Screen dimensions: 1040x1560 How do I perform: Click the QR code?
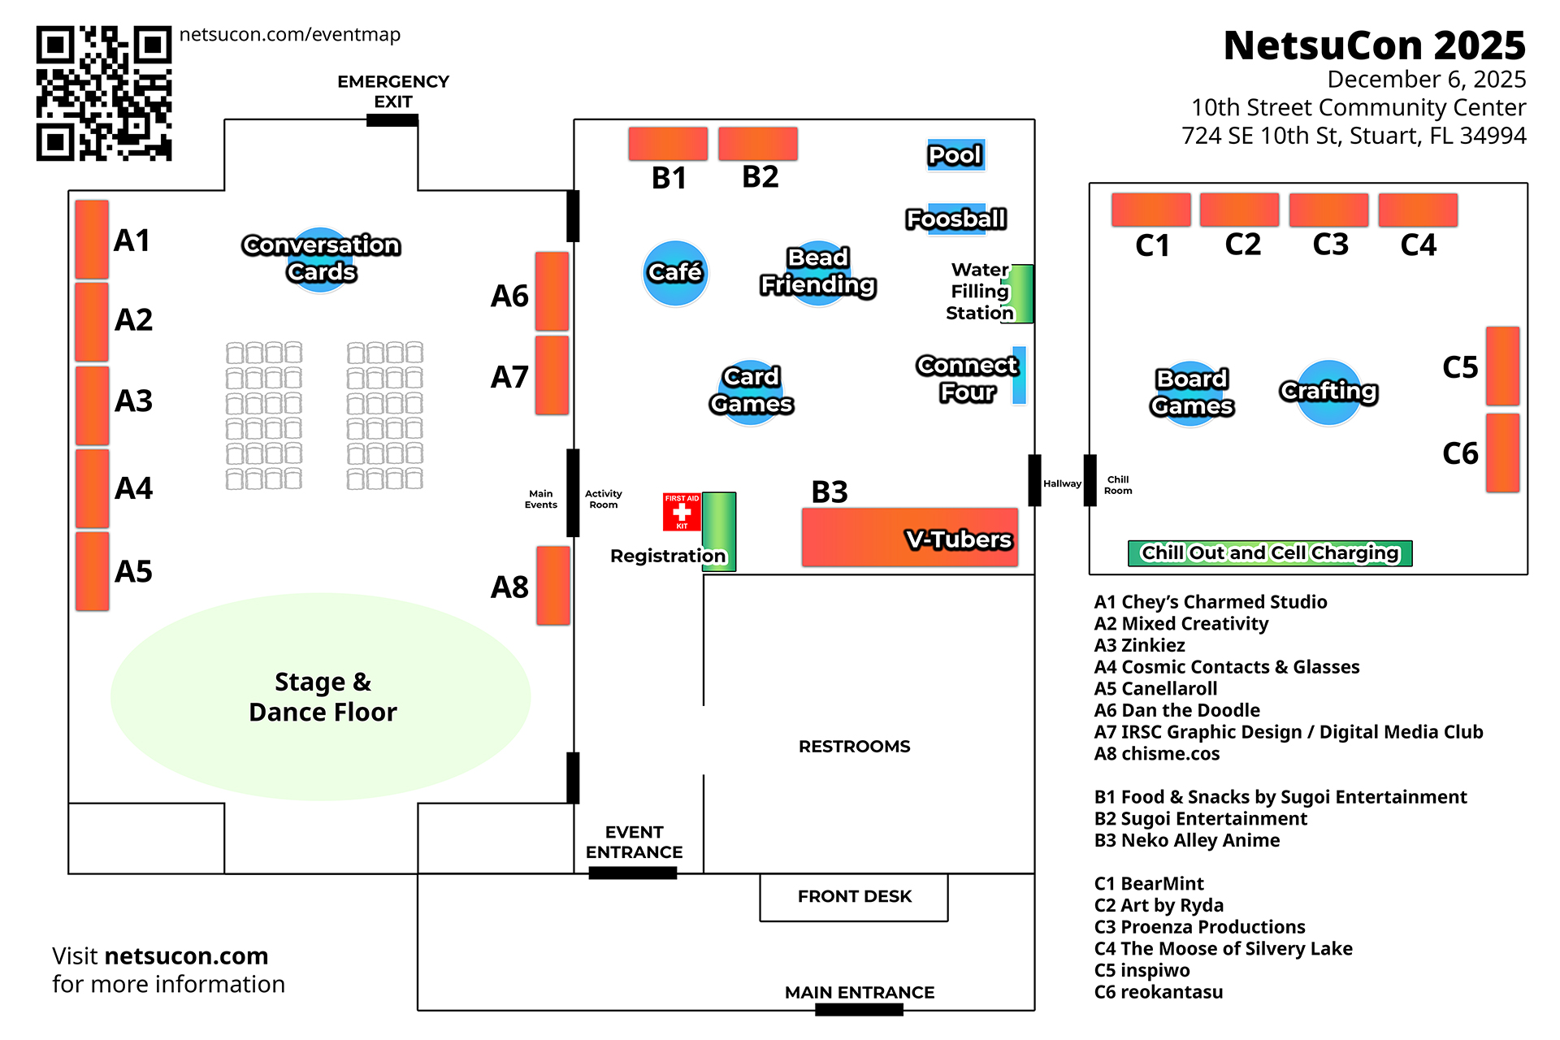click(x=104, y=93)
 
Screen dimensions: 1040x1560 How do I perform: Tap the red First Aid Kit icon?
click(x=682, y=513)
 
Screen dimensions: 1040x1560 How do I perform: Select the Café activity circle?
click(x=675, y=273)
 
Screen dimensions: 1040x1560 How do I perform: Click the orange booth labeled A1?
click(x=92, y=239)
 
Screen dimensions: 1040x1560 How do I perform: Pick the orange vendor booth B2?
click(x=758, y=144)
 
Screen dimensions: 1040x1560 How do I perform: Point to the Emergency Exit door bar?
click(x=392, y=120)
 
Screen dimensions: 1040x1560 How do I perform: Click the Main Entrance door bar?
click(x=859, y=1010)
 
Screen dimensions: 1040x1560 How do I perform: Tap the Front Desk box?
click(x=854, y=897)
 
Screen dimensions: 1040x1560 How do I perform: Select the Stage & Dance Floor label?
click(x=323, y=697)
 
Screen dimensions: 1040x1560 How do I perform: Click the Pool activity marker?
click(x=956, y=154)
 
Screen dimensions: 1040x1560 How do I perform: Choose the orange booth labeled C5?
click(x=1502, y=366)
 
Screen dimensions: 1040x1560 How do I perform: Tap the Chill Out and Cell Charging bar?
click(x=1270, y=553)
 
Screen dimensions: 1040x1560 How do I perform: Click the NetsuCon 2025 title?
click(x=1374, y=45)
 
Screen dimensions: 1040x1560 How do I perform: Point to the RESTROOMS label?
click(x=854, y=747)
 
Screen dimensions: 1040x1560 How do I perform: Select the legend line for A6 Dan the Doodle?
click(x=1176, y=711)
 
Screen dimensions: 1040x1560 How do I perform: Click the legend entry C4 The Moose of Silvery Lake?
click(x=1223, y=949)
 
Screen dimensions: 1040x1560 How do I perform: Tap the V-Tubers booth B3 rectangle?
click(x=909, y=538)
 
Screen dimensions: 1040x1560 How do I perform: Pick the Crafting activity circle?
click(x=1328, y=392)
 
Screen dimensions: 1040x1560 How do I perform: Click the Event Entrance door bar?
click(x=632, y=873)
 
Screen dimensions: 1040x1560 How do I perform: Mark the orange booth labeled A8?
click(x=553, y=586)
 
